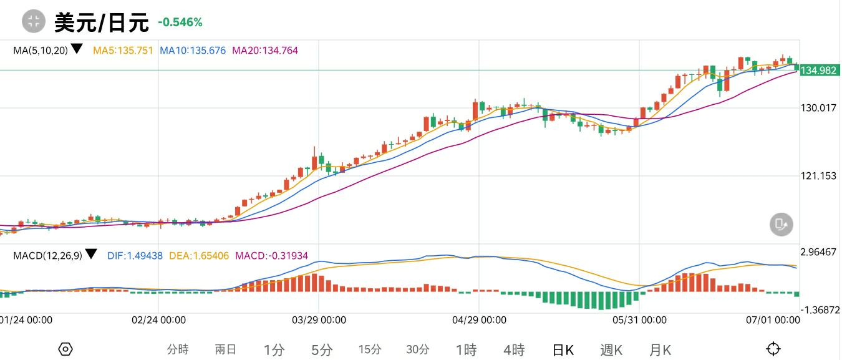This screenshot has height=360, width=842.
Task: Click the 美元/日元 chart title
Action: coord(102,22)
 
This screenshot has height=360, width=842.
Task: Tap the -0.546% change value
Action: coord(180,22)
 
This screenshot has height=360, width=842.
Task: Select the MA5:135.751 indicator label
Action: coord(123,50)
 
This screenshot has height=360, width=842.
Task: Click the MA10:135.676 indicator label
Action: coord(193,50)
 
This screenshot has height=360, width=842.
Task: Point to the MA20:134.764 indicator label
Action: coord(265,50)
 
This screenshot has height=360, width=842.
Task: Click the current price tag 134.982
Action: coord(818,71)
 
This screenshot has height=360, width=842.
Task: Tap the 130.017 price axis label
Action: coord(818,108)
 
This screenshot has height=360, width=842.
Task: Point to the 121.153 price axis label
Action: coord(818,176)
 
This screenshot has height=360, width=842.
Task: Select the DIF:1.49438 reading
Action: coord(135,255)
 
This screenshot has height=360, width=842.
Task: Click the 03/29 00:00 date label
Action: coord(319,320)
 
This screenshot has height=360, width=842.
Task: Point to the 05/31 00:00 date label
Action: coord(639,320)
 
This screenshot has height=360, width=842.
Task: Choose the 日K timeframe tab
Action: coord(563,350)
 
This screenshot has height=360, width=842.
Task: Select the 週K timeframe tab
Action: coord(611,350)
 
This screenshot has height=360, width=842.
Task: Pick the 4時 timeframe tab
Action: coord(514,350)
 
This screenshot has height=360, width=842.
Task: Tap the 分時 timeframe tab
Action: coord(178,349)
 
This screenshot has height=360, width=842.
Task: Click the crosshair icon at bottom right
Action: coord(773,349)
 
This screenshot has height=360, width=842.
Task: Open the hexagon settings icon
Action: coord(65,349)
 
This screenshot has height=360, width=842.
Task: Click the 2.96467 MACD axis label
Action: coord(818,252)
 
